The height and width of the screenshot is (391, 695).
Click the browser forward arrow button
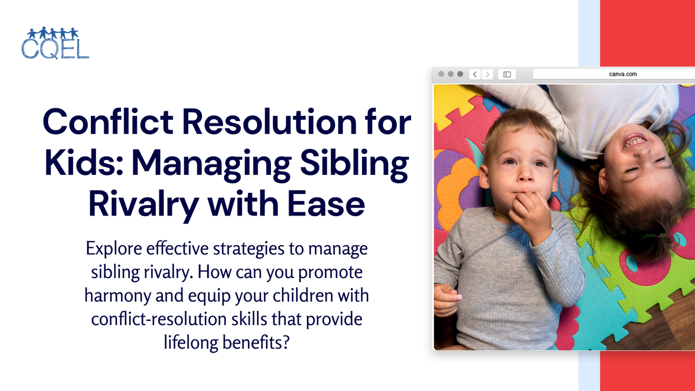488,74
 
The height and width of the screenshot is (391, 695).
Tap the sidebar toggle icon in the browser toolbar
507,74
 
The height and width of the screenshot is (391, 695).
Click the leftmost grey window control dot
441,74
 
